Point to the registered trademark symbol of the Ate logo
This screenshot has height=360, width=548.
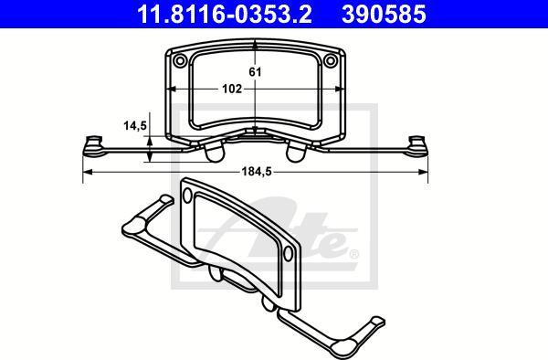(x=353, y=254)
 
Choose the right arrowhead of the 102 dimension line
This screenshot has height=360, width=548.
(x=337, y=90)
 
